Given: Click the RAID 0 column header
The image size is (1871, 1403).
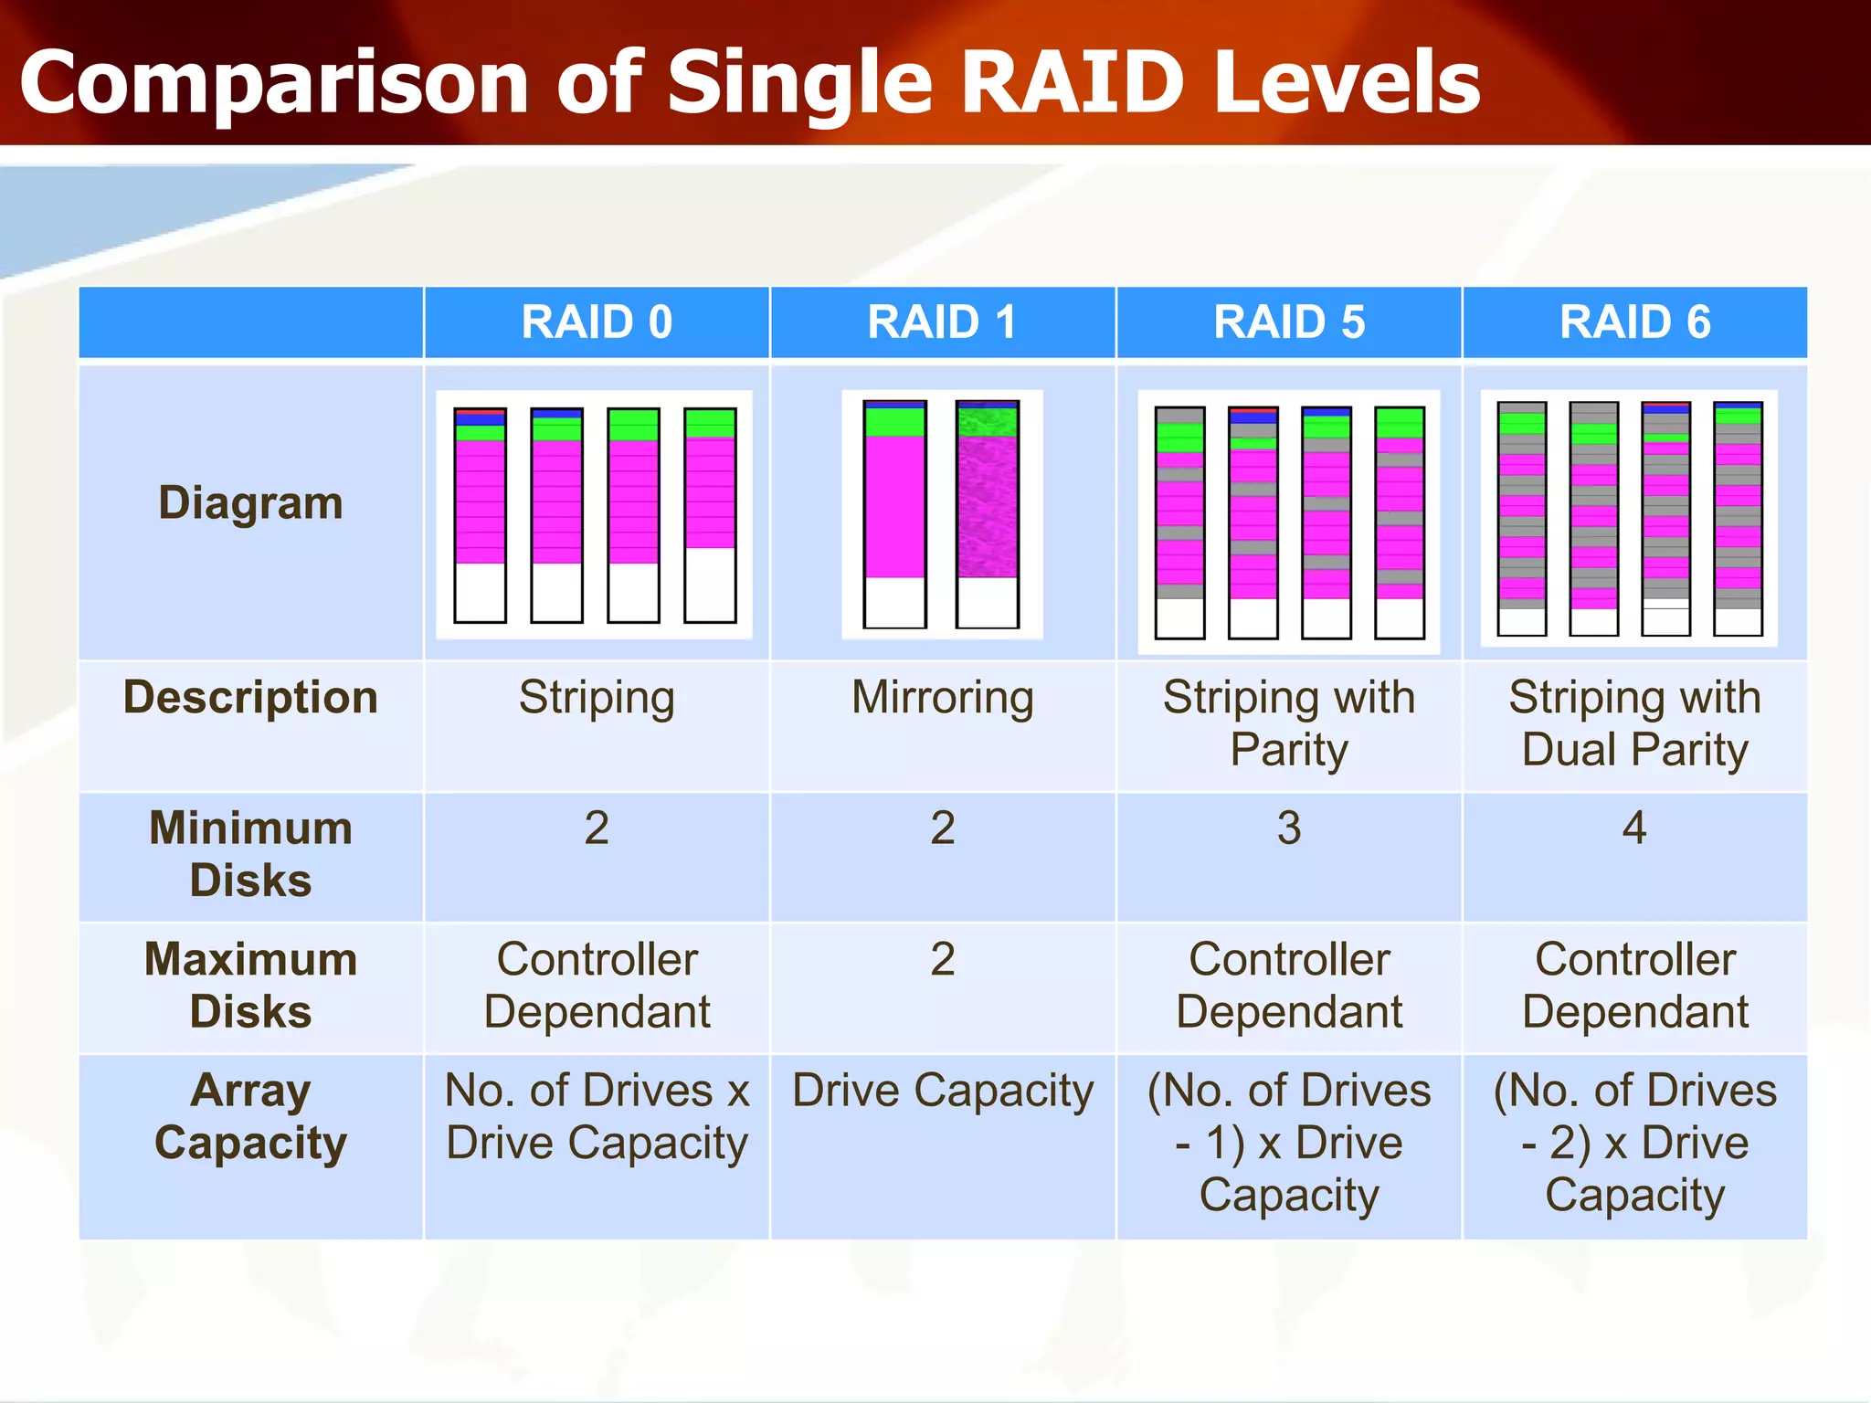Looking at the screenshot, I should pyautogui.click(x=597, y=322).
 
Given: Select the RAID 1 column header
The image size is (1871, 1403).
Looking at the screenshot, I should pyautogui.click(x=942, y=322).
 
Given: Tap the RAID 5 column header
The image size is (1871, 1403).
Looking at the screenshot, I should pyautogui.click(x=1288, y=322).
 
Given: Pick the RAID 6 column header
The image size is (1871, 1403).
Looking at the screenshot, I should pyautogui.click(x=1634, y=322).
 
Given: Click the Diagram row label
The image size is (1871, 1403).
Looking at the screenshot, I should pyautogui.click(x=250, y=503).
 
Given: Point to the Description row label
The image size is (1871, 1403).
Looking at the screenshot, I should pyautogui.click(x=250, y=698).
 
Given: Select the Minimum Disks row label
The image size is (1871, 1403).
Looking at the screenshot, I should pyautogui.click(x=250, y=854).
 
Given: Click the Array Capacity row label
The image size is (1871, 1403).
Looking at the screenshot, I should pyautogui.click(x=250, y=1116).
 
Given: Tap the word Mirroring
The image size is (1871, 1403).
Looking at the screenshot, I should pyautogui.click(x=942, y=698).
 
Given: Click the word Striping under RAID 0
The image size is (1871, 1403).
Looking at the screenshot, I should pyautogui.click(x=597, y=698).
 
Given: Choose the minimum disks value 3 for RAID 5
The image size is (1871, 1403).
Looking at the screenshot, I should pyautogui.click(x=1288, y=828).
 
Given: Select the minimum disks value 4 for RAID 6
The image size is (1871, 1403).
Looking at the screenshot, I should pyautogui.click(x=1634, y=828).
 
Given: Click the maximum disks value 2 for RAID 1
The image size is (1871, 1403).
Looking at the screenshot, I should pyautogui.click(x=942, y=960).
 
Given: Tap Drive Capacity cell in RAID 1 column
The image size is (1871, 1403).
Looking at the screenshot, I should pyautogui.click(x=942, y=1091).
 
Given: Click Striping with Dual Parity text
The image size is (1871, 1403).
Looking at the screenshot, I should pyautogui.click(x=1634, y=723).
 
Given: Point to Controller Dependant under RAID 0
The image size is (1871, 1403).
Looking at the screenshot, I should pyautogui.click(x=597, y=986).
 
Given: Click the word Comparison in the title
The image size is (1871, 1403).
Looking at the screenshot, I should pyautogui.click(x=273, y=84).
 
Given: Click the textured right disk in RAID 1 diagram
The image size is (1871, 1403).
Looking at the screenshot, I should pyautogui.click(x=987, y=513).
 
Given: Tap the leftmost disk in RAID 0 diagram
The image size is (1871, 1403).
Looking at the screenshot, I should pyautogui.click(x=480, y=515).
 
